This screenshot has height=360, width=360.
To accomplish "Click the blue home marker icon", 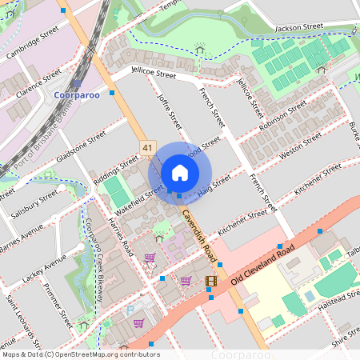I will coord(180,173).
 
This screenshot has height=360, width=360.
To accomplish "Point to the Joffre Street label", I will coord(169,114).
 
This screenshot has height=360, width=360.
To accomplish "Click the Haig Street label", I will coord(215,183).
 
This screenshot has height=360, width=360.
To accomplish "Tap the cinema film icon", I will coord(210,281).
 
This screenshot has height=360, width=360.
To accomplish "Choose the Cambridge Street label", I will coord(33,42).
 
